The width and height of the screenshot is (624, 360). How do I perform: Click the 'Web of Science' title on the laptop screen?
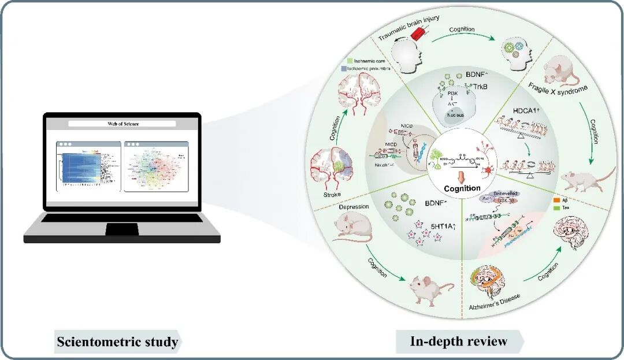click(x=122, y=124)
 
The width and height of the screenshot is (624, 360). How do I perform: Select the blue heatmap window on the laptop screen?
click(x=87, y=166)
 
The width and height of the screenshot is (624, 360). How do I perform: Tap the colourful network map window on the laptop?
click(x=156, y=166)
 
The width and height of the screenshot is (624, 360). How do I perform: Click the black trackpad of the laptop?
click(x=121, y=229)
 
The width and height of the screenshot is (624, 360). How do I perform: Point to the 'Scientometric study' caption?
click(x=117, y=342)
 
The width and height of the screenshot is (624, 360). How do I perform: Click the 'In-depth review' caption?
click(x=459, y=342)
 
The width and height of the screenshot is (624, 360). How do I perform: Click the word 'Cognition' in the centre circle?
click(x=462, y=188)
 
